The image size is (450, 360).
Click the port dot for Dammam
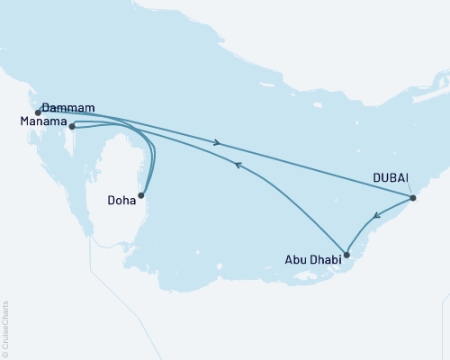pyautogui.click(x=38, y=112)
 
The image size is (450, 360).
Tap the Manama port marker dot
pyautogui.click(x=72, y=127)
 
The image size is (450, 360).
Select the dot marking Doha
pyautogui.click(x=140, y=195)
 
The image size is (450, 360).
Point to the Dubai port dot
pyautogui.click(x=413, y=198)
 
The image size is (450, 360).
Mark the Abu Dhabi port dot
pyautogui.click(x=347, y=255)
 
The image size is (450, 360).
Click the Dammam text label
pyautogui.click(x=68, y=105)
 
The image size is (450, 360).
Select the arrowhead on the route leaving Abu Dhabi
pyautogui.click(x=237, y=165)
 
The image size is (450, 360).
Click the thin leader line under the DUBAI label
pyautogui.click(x=409, y=190)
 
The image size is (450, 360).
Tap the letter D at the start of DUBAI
pyautogui.click(x=378, y=178)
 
